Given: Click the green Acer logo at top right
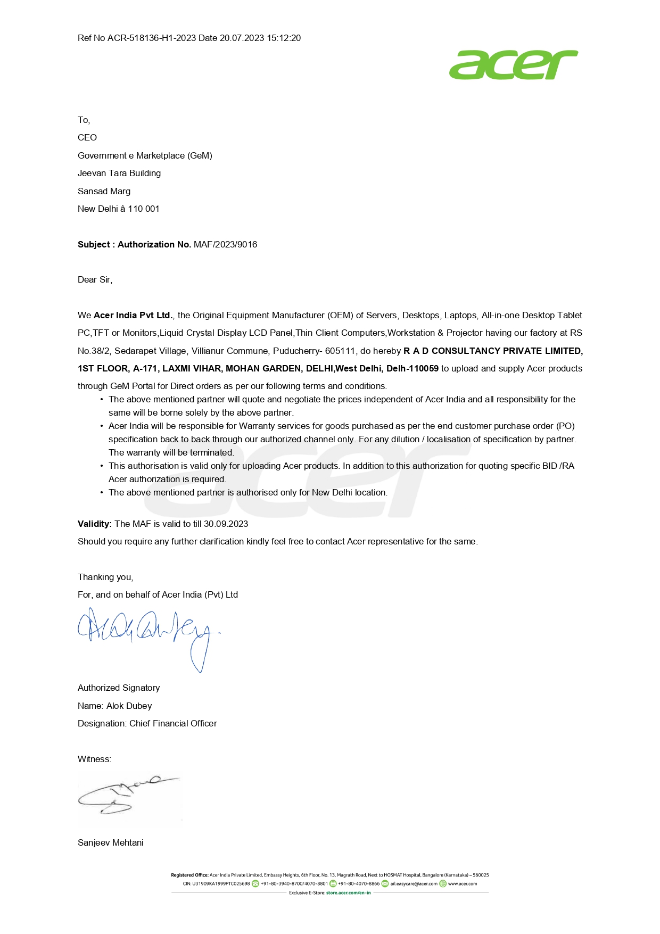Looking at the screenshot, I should [513, 65].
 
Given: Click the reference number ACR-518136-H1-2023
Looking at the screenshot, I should [152, 38].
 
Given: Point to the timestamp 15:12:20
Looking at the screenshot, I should [284, 38].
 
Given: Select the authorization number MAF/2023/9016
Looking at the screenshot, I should [225, 245].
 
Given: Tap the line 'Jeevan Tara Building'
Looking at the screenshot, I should [119, 173].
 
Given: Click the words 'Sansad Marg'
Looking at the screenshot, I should [104, 192].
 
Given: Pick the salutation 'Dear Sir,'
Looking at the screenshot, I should [95, 280].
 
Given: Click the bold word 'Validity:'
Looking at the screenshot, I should [95, 524].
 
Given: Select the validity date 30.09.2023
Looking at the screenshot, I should [226, 524].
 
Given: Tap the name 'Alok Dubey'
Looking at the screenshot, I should [129, 706].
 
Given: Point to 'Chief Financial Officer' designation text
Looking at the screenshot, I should [173, 724].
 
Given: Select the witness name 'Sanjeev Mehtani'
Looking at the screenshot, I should [111, 843].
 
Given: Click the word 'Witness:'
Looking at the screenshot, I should [94, 759].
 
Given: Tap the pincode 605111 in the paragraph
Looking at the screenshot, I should [340, 351].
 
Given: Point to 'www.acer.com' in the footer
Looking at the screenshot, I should [462, 884].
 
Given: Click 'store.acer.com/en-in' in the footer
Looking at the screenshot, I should [348, 893].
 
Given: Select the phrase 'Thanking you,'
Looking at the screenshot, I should [105, 577].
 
